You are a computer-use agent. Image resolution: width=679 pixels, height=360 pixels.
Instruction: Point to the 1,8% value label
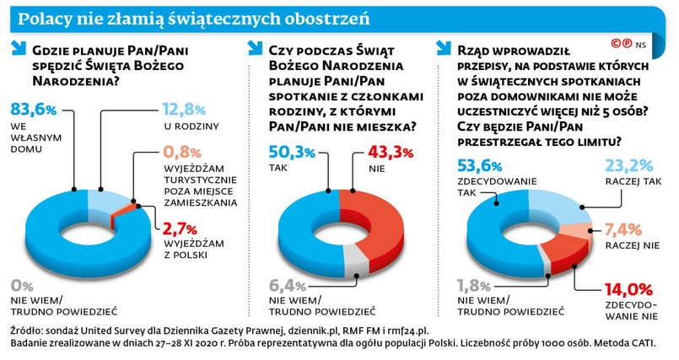pyautogui.click(x=475, y=284)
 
